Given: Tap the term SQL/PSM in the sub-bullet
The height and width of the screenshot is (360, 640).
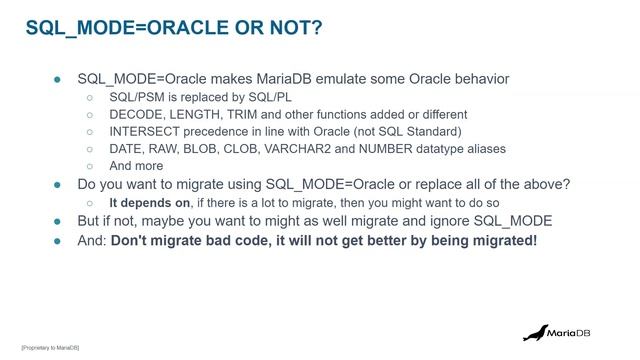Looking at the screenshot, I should (137, 97).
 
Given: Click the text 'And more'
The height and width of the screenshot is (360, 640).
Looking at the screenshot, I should (136, 165).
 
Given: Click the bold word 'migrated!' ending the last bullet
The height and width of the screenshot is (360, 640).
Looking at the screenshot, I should (501, 241).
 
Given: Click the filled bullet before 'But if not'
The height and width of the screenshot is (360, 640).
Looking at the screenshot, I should (58, 221).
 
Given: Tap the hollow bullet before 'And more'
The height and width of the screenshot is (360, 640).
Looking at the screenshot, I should (90, 165).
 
